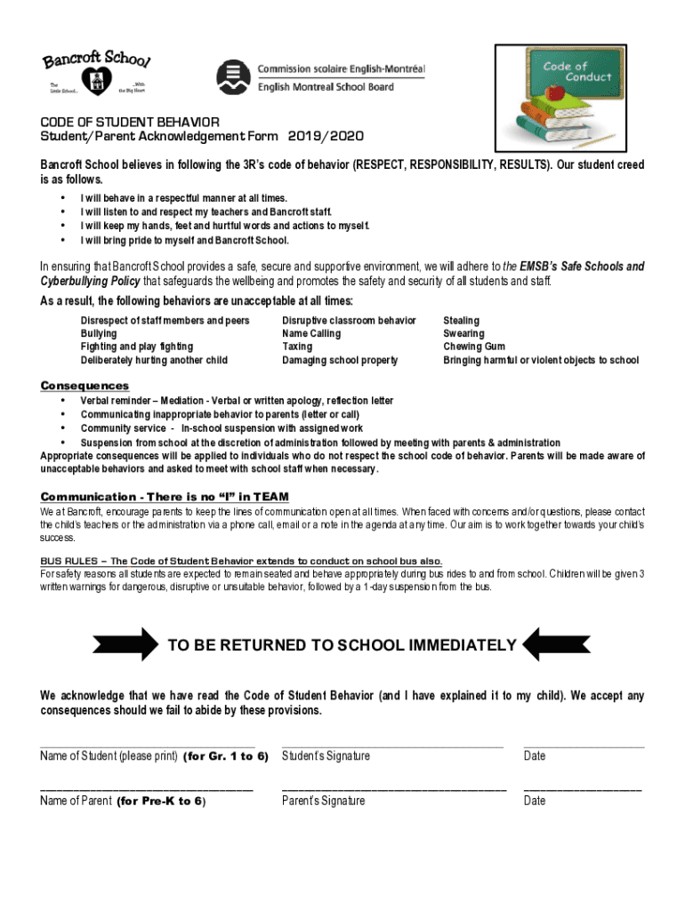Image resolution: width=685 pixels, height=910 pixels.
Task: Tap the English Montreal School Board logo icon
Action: pyautogui.click(x=234, y=78)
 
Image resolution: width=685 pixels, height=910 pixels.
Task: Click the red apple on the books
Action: pyautogui.click(x=557, y=92)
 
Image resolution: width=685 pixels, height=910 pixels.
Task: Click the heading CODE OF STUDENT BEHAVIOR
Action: pyautogui.click(x=130, y=122)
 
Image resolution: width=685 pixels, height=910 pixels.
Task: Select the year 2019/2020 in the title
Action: pyautogui.click(x=326, y=136)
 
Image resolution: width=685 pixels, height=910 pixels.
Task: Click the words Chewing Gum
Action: pyautogui.click(x=474, y=347)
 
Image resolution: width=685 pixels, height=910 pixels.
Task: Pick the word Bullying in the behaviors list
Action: pyautogui.click(x=99, y=333)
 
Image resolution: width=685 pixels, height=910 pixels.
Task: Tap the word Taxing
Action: pyautogui.click(x=297, y=347)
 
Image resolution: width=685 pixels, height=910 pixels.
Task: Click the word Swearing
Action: pyautogui.click(x=463, y=333)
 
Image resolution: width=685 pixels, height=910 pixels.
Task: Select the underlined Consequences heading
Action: pyautogui.click(x=85, y=386)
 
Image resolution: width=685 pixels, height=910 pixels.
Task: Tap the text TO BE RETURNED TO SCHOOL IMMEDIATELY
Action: pyautogui.click(x=342, y=645)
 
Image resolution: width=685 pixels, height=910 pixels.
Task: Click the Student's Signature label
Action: pyautogui.click(x=326, y=756)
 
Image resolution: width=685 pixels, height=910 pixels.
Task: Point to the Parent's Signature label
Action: pyautogui.click(x=323, y=801)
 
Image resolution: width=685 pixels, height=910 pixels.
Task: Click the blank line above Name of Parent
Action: pyautogui.click(x=147, y=788)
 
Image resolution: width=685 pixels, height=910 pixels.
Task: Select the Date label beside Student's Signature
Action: pyautogui.click(x=535, y=756)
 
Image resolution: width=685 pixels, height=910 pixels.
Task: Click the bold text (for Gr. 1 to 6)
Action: pyautogui.click(x=225, y=756)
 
